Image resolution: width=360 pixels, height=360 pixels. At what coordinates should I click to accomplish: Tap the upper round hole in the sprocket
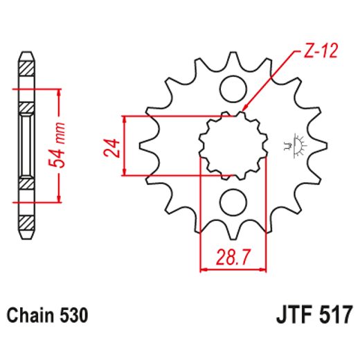[x=233, y=88]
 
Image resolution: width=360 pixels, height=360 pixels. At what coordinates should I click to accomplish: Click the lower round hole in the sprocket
[x=233, y=202]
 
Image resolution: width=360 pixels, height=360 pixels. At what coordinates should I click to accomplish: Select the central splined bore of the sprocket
[x=233, y=145]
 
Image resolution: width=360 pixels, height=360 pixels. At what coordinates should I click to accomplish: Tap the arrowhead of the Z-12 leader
[x=244, y=110]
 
